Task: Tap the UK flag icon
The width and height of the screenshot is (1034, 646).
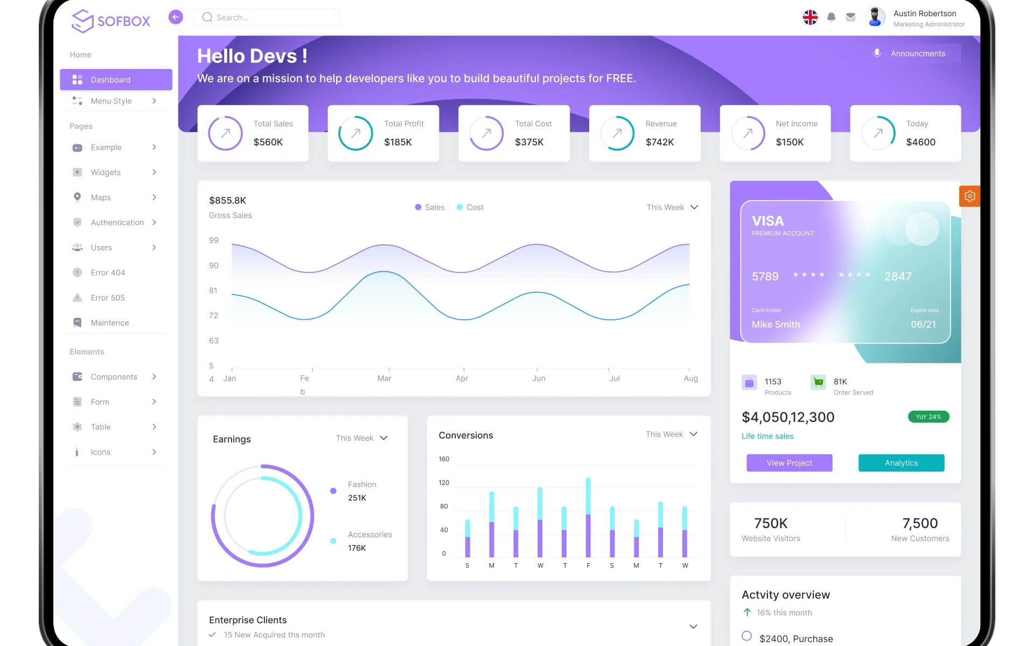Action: click(810, 17)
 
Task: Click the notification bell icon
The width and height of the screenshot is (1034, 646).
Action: click(831, 17)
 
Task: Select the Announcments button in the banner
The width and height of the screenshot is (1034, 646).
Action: click(917, 53)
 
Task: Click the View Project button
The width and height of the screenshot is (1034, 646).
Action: click(789, 463)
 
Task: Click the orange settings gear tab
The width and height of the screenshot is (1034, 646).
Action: click(969, 196)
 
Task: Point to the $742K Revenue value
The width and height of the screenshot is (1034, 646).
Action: click(660, 142)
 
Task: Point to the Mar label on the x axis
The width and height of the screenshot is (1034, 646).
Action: click(384, 378)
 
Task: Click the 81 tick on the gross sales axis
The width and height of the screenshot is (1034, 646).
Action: click(213, 291)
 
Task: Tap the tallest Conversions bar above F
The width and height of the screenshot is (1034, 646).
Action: click(588, 517)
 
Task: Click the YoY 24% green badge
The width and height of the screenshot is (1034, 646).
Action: click(928, 417)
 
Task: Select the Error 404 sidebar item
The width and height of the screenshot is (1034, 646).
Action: click(108, 272)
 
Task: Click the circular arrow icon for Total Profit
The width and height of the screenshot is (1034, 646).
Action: click(355, 133)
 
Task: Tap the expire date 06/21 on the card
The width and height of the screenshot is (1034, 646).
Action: click(923, 325)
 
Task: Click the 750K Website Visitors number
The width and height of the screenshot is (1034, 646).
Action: click(771, 523)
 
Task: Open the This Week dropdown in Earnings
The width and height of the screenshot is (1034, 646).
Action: click(362, 438)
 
